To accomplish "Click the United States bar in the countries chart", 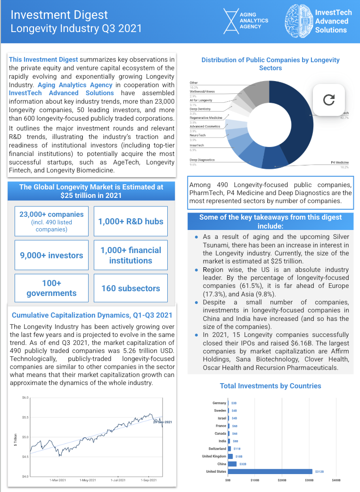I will pos(270,471).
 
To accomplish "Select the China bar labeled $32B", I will pos(232,464).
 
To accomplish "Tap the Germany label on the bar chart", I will pos(220,403).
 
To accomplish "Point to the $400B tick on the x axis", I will pos(336,481).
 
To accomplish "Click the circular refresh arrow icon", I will pos(329,99).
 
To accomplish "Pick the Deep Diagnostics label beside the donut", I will pos(202,160).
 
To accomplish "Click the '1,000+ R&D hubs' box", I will pos(131,221).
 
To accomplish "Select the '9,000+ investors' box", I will pos(51,255).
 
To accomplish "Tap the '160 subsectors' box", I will pos(131,288).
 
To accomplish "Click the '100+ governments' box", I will pos(51,288).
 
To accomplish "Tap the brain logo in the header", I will pos(299,22).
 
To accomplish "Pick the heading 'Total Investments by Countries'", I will pos(270,386).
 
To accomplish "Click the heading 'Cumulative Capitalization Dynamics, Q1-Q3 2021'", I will pos(92,315).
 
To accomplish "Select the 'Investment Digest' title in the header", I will pos(59,15).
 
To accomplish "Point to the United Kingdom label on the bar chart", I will pos(214,456).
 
